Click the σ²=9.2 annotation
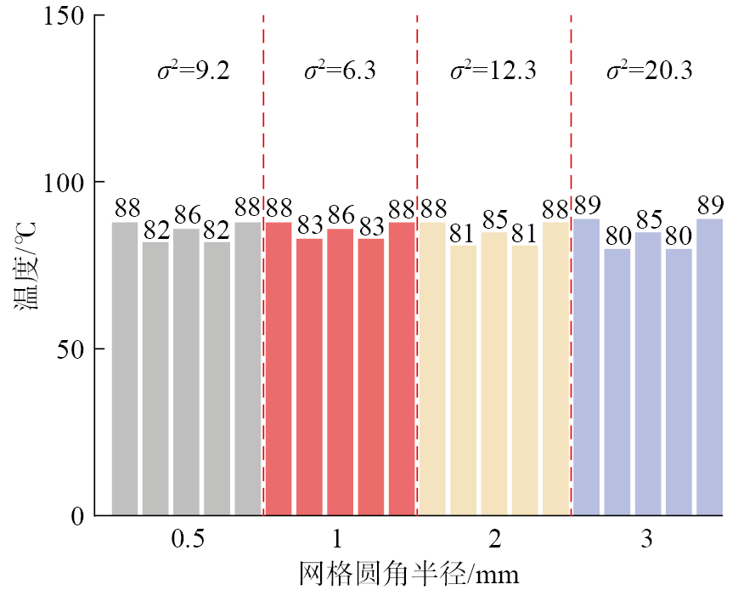click(x=193, y=71)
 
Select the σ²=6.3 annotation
click(x=340, y=71)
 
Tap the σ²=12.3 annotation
click(x=493, y=71)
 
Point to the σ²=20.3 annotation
click(x=649, y=71)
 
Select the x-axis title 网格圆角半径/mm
click(x=408, y=573)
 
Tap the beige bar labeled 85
click(x=494, y=373)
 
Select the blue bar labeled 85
click(x=648, y=373)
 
